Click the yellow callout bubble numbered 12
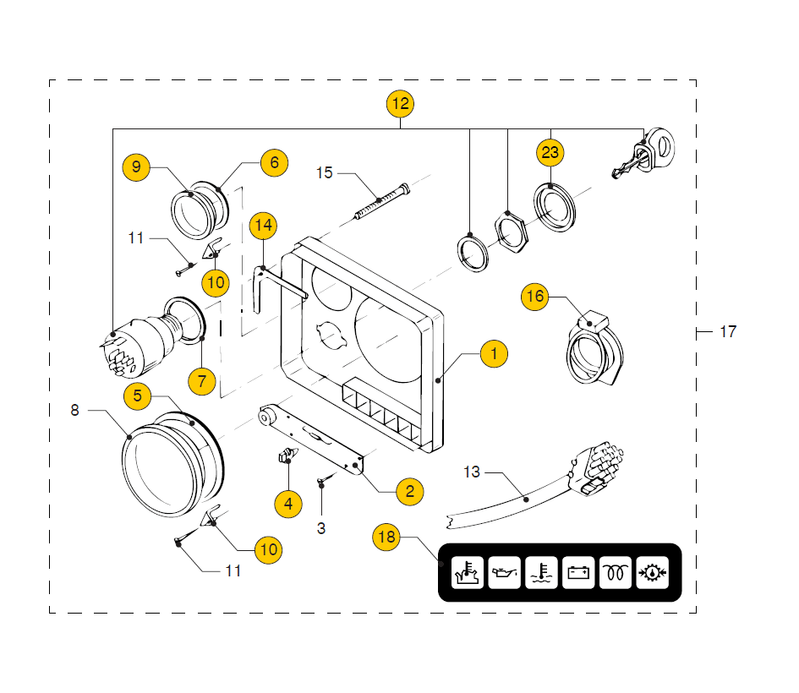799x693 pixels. (x=400, y=104)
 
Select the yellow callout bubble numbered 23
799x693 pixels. (x=550, y=153)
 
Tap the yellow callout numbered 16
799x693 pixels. (x=535, y=297)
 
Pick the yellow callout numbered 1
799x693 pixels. (x=495, y=353)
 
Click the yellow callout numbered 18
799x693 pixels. (x=386, y=537)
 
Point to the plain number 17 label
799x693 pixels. (x=728, y=332)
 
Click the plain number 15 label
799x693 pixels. (x=325, y=173)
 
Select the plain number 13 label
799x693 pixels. (x=472, y=472)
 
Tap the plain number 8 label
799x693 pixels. (x=74, y=410)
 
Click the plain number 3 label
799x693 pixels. (x=321, y=528)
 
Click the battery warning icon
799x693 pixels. (x=579, y=573)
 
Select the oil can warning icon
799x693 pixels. (x=506, y=573)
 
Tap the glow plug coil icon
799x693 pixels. (x=616, y=573)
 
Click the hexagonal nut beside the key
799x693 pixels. (x=507, y=229)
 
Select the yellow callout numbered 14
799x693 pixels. (x=263, y=226)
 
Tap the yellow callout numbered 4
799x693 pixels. (x=288, y=504)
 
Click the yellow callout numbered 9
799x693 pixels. (x=136, y=166)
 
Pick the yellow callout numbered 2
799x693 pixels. (x=409, y=491)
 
